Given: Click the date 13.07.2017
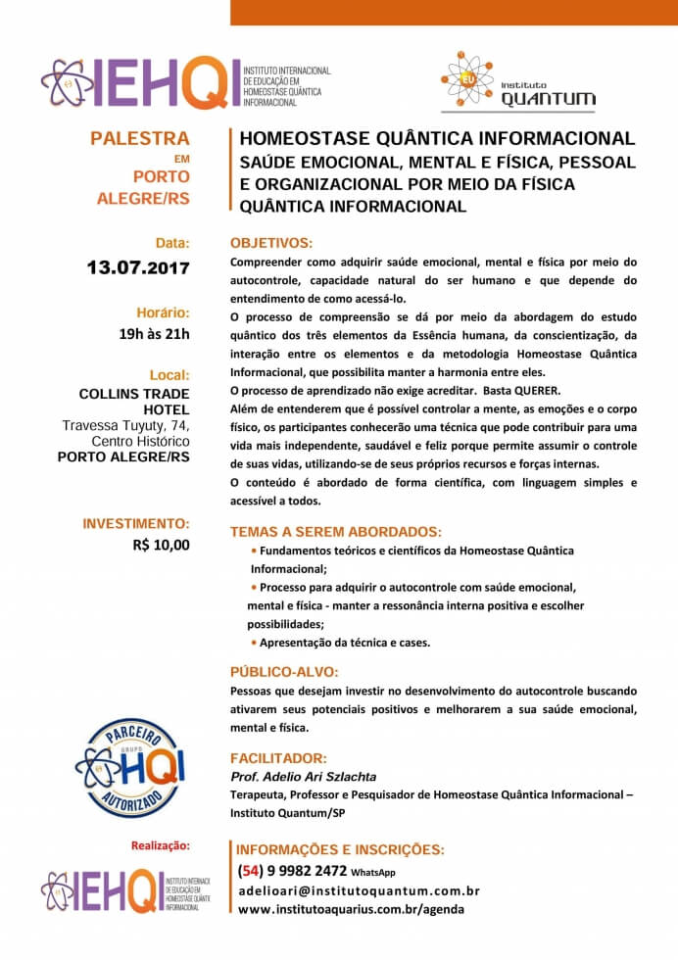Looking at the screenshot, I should [138, 266].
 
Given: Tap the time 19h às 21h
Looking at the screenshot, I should [154, 334].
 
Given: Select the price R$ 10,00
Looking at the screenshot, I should [162, 545].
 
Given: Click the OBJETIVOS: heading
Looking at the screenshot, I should [271, 242].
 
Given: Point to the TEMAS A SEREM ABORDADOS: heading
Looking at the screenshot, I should [336, 532].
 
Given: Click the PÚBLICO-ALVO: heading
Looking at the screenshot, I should [284, 672].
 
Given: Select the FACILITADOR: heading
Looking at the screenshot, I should [279, 758].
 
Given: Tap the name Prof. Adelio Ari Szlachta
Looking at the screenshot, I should [303, 777].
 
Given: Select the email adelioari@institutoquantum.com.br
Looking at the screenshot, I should [359, 890].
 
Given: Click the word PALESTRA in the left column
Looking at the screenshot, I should [140, 138].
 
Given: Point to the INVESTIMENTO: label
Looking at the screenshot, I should [136, 524].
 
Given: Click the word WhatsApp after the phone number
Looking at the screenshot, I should [373, 873].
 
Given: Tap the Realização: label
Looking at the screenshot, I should [161, 844].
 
